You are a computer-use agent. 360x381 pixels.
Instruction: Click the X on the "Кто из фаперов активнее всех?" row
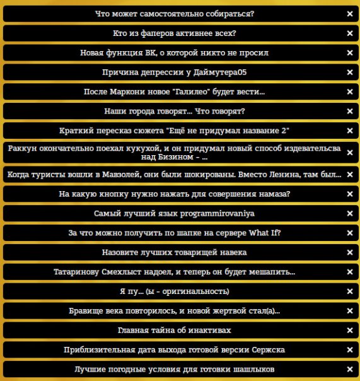(349, 33)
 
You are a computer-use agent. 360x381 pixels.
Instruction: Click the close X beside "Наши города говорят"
(349, 112)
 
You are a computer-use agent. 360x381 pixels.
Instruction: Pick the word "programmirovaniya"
(214, 214)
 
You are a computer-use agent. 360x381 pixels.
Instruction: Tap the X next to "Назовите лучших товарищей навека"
(349, 252)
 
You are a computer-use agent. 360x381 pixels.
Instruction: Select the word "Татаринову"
(82, 272)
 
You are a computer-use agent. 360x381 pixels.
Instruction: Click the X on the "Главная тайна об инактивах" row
(349, 331)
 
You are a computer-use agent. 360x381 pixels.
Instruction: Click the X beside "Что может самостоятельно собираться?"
(349, 13)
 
